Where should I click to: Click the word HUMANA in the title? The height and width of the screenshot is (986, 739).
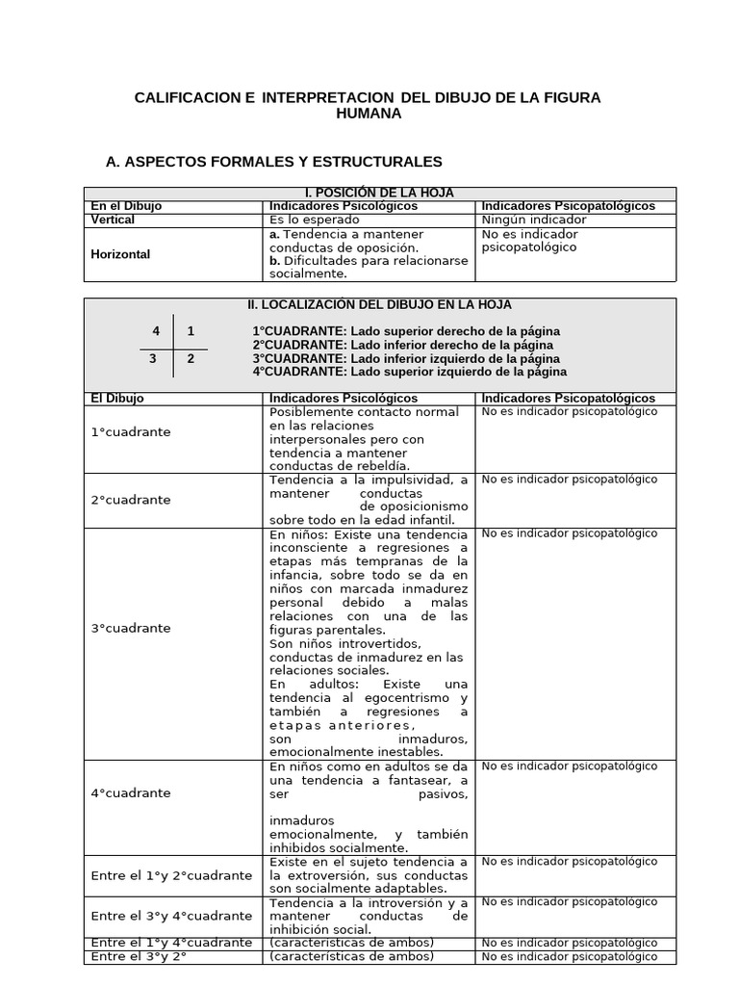pyautogui.click(x=369, y=114)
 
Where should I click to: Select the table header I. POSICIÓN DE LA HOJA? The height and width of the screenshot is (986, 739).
pyautogui.click(x=379, y=194)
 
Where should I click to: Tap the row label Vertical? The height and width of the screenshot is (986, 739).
pyautogui.click(x=113, y=220)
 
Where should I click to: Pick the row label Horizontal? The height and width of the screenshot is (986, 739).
pyautogui.click(x=120, y=254)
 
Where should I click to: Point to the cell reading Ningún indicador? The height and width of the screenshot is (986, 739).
pyautogui.click(x=533, y=220)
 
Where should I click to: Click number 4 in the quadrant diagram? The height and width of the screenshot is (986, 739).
pyautogui.click(x=156, y=331)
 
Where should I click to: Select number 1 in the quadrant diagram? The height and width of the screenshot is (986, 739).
pyautogui.click(x=191, y=331)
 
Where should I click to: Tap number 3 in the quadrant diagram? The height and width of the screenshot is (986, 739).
pyautogui.click(x=152, y=358)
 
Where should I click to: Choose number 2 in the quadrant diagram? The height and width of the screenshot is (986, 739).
pyautogui.click(x=191, y=358)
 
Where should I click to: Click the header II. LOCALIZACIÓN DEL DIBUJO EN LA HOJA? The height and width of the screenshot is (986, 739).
pyautogui.click(x=379, y=305)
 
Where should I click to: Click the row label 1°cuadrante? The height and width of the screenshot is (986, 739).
pyautogui.click(x=130, y=432)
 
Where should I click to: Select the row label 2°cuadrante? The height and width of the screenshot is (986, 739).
pyautogui.click(x=130, y=500)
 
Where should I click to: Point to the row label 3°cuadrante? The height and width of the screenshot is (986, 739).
pyautogui.click(x=130, y=628)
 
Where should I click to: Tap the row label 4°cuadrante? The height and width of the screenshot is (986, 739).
pyautogui.click(x=130, y=793)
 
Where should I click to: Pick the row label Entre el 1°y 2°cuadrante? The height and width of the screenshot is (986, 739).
pyautogui.click(x=171, y=875)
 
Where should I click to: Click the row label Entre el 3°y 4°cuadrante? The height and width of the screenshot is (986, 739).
pyautogui.click(x=171, y=916)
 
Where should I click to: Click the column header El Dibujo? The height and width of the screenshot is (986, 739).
pyautogui.click(x=116, y=398)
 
